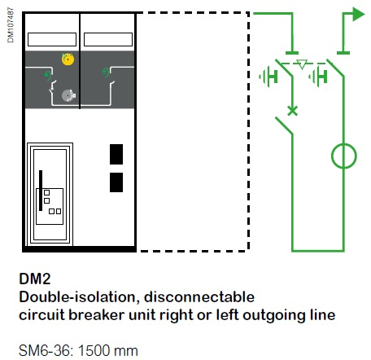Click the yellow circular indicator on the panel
pos(68,59)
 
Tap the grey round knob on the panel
pos(68,95)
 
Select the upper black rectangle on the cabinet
pos(116,154)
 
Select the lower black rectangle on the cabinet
pos(116,182)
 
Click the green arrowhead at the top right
pos(358,14)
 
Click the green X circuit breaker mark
pos(292,111)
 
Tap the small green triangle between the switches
pos(302,64)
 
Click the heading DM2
pos(35,279)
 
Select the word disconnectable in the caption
pos(199,297)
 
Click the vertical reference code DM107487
pos(11,25)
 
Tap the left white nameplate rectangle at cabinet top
pos(52,40)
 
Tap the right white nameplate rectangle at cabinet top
pos(108,40)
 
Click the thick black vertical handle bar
pos(41,191)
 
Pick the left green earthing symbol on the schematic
pos(268,77)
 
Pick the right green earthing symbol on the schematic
pos(318,77)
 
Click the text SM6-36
pos(46,350)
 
